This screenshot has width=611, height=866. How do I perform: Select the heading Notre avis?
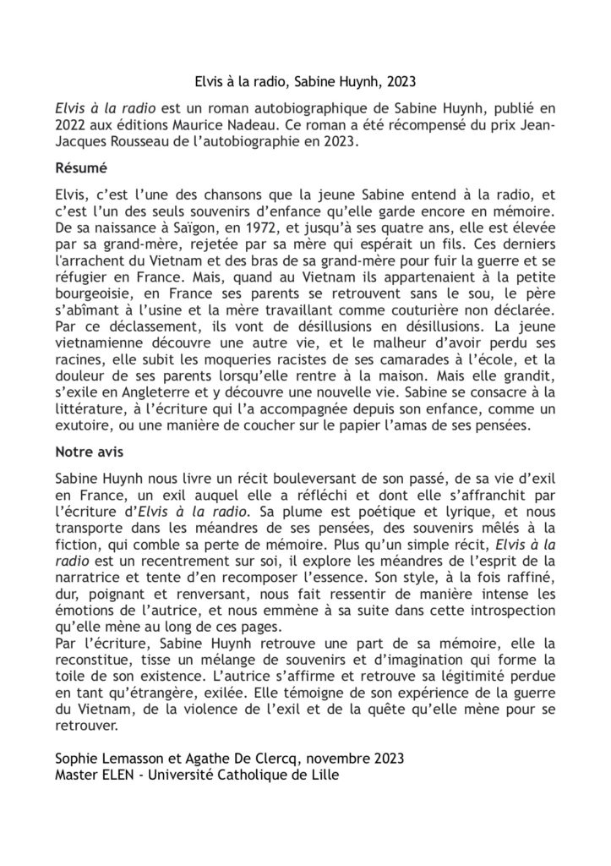pos(88,451)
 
